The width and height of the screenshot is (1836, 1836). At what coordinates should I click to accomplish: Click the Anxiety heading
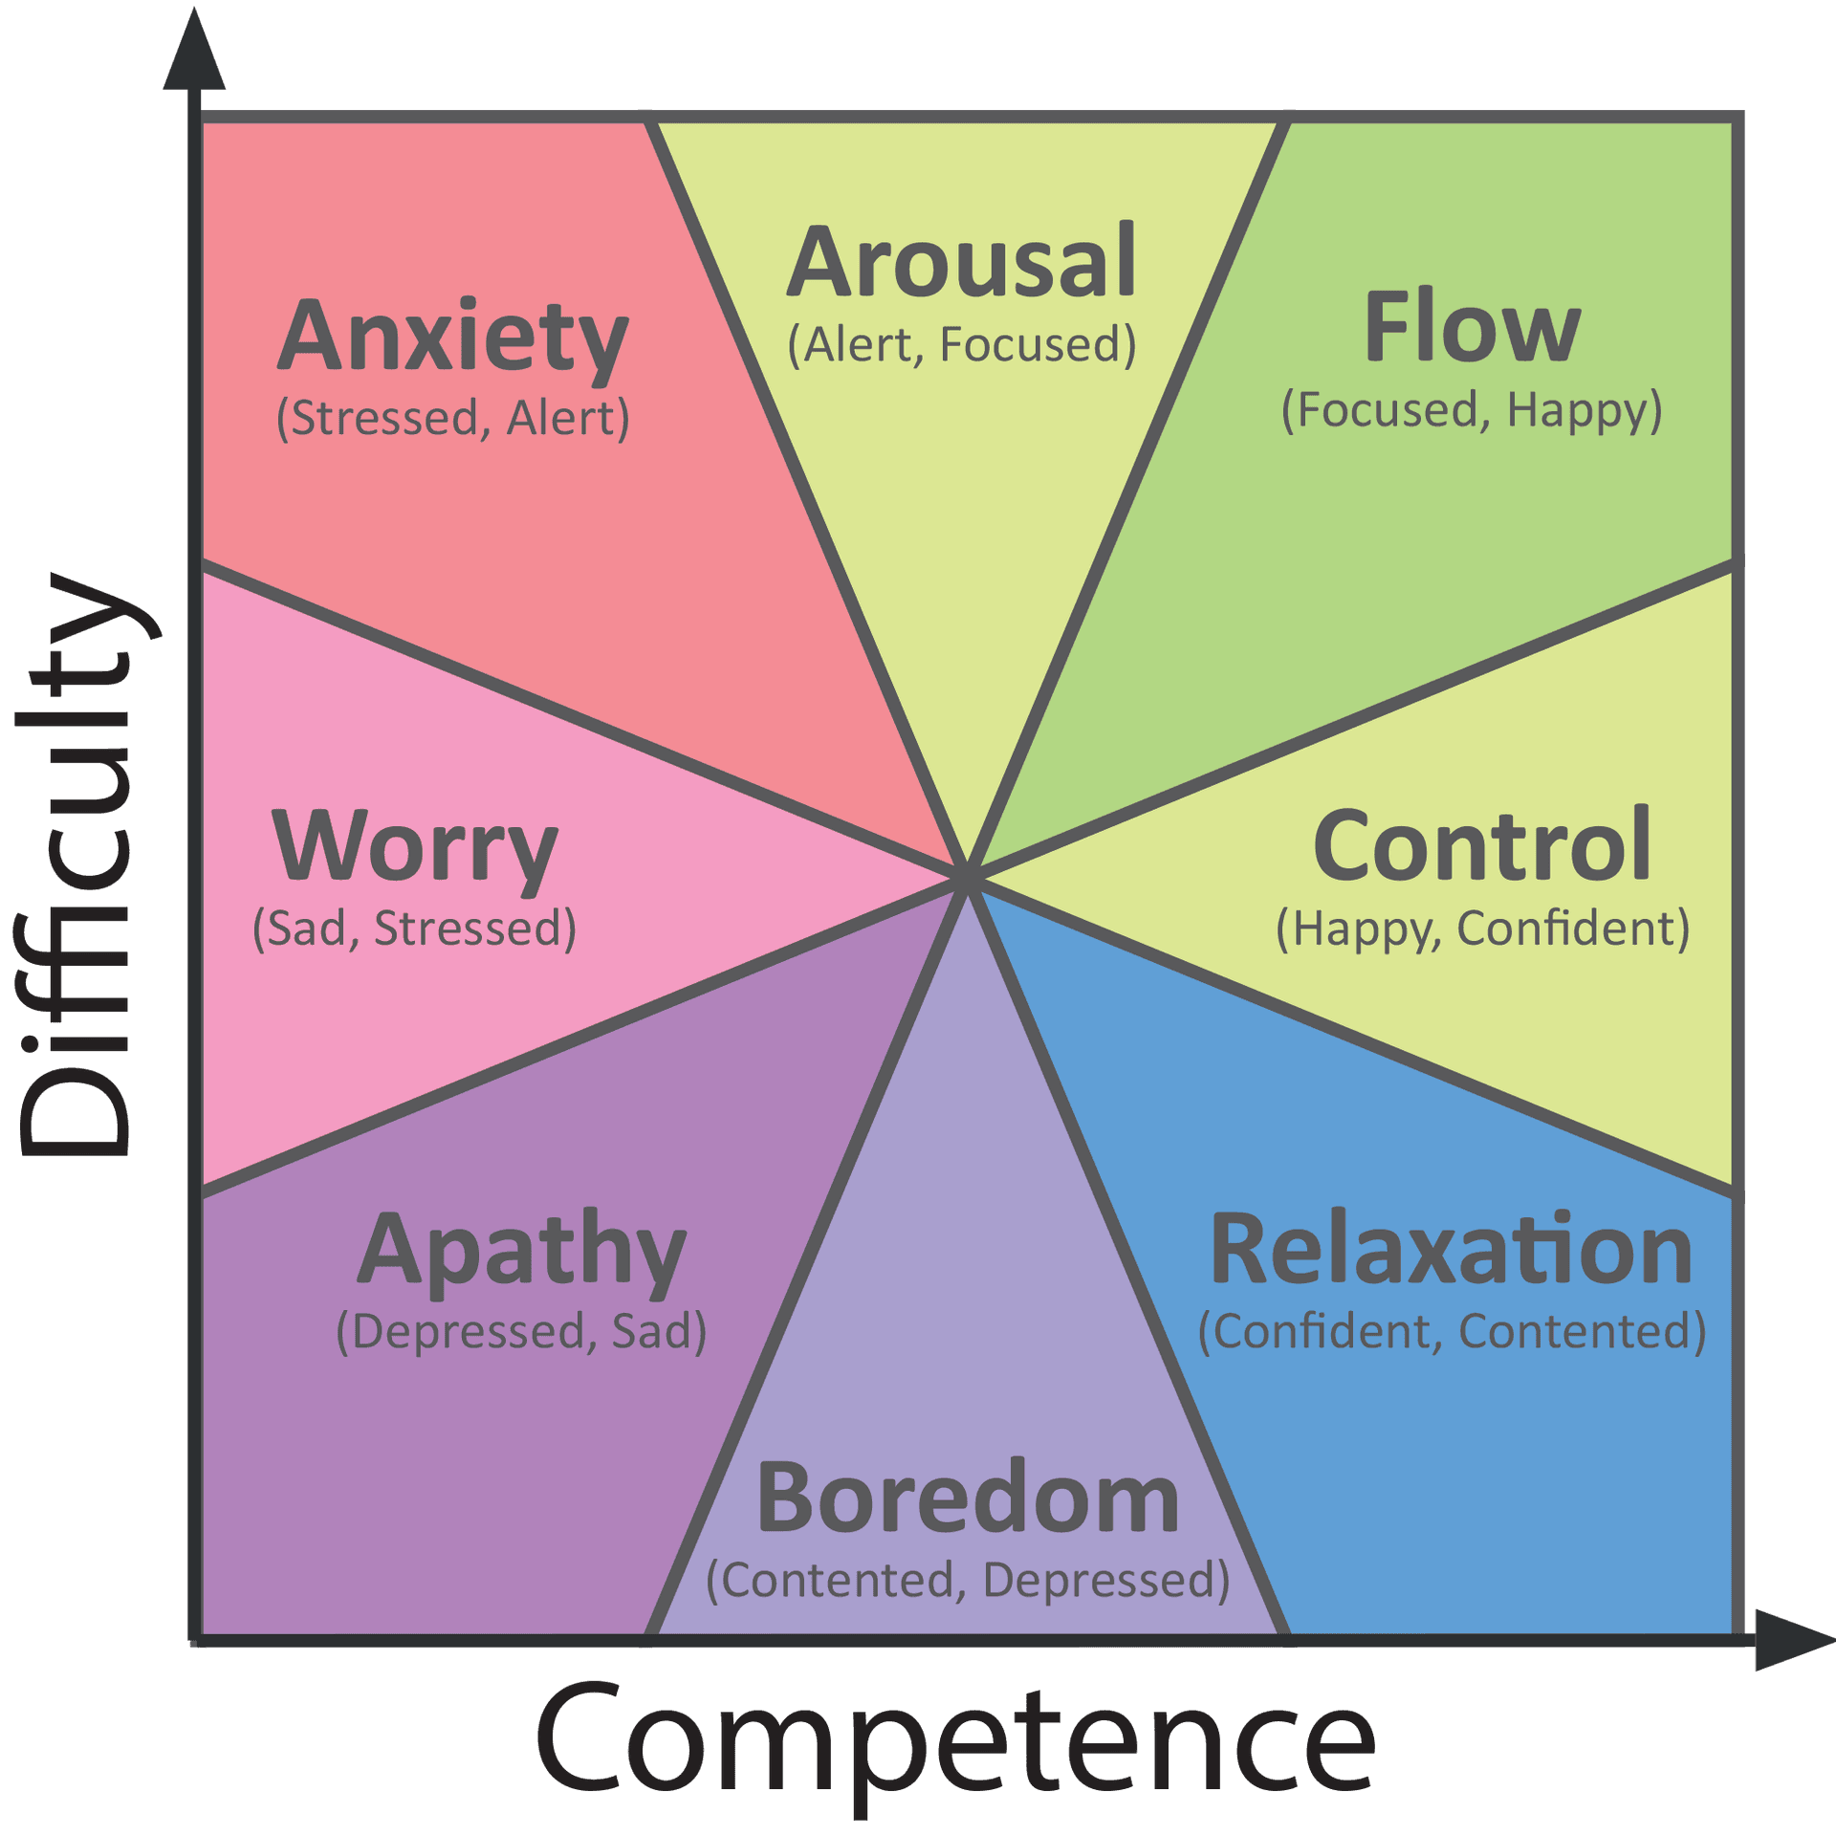[452, 337]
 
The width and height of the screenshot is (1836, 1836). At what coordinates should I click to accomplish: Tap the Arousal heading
[961, 262]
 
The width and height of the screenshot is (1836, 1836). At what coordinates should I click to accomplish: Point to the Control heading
[1481, 845]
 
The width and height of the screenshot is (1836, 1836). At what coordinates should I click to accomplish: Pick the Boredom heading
[968, 1499]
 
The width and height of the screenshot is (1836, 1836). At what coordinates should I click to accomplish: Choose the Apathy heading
[521, 1250]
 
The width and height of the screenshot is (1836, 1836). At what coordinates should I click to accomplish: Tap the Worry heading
[415, 847]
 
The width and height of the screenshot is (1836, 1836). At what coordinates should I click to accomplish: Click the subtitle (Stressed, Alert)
[452, 419]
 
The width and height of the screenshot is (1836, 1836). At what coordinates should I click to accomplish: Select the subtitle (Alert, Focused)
[961, 345]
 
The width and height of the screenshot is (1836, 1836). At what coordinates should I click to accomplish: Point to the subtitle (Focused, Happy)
[1472, 410]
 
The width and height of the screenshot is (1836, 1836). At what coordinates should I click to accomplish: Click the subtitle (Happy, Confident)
[1482, 929]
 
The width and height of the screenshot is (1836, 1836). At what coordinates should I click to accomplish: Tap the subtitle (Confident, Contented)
[1452, 1331]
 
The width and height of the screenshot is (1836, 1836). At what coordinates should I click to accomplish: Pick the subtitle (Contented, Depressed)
[968, 1580]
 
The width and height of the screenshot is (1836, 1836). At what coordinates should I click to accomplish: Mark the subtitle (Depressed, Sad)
[521, 1331]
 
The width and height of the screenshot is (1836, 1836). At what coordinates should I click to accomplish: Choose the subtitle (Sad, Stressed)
[414, 929]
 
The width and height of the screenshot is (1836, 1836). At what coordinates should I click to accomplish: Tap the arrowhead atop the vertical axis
[194, 53]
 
